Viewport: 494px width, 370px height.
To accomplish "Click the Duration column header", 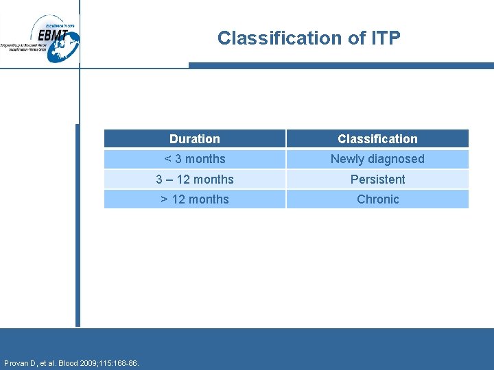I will tap(195, 139).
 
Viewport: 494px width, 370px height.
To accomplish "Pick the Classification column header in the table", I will tap(377, 139).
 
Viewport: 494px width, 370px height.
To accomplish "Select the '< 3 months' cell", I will tap(195, 159).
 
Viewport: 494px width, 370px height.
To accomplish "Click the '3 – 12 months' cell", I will tap(195, 180).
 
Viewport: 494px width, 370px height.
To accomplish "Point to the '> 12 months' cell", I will tap(195, 199).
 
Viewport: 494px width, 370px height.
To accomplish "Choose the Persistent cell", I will tap(377, 180).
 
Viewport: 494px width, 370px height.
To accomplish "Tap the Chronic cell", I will tap(377, 199).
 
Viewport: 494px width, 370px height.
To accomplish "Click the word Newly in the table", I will tap(347, 159).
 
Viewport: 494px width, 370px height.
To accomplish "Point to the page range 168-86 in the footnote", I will tap(126, 363).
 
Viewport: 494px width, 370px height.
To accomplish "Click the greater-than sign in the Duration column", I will tap(164, 199).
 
